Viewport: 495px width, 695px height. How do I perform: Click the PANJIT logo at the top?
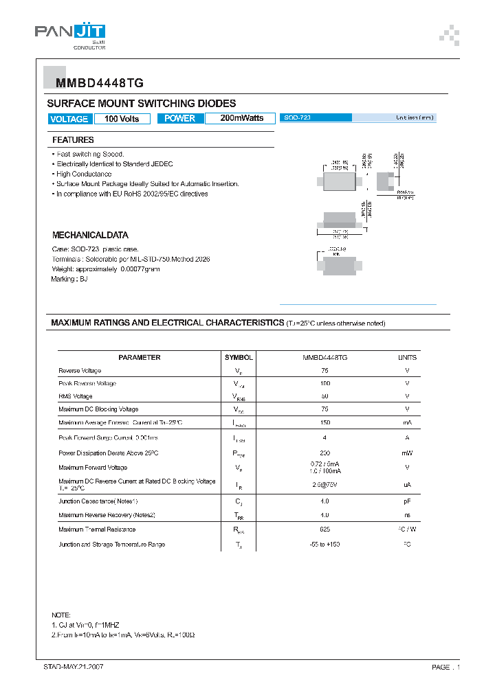[70, 33]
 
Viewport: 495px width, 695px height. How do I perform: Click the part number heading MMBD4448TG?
[96, 83]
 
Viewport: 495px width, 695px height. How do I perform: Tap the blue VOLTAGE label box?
[69, 119]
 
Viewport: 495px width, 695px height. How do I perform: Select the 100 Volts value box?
[122, 119]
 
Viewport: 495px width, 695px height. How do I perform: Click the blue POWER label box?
[180, 118]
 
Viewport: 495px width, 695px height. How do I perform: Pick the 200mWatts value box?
[241, 118]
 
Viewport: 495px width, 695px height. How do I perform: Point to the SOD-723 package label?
[297, 118]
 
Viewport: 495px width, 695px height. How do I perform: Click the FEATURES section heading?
[73, 140]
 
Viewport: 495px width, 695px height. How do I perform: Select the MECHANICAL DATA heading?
[90, 235]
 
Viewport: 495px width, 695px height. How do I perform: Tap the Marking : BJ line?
[69, 279]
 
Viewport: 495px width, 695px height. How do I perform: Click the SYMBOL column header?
[239, 357]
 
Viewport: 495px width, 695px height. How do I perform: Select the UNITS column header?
[407, 357]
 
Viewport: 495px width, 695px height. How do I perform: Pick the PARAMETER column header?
[140, 357]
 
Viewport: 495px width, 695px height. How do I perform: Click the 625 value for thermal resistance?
[324, 529]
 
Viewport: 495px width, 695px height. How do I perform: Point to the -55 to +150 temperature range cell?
[324, 545]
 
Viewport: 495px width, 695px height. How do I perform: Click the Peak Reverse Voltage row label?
[87, 383]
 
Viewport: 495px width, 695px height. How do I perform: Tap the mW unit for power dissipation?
[407, 453]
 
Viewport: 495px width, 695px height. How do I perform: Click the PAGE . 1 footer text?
[445, 667]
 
